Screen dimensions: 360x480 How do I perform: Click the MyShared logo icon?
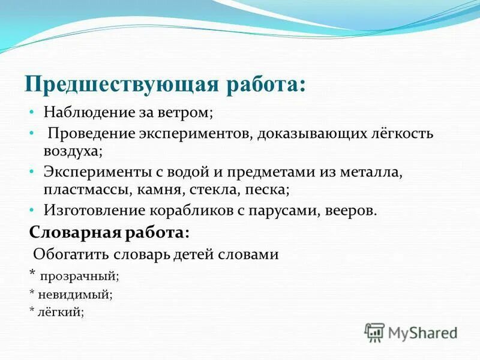(374, 332)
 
